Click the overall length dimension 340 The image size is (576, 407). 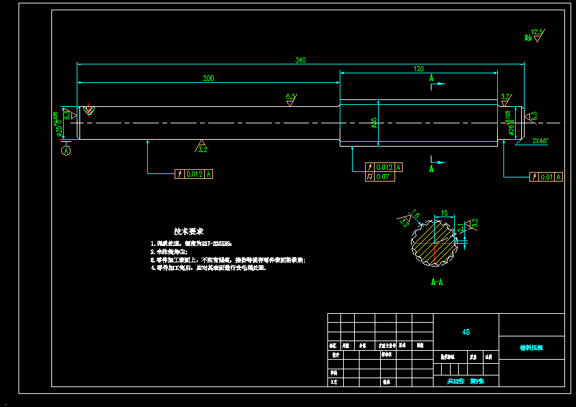(300, 60)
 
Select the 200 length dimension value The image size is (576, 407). (208, 78)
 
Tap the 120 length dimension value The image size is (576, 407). (419, 69)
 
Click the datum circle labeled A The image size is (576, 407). (66, 151)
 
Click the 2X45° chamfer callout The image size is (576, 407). (540, 141)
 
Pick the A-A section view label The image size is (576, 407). (436, 282)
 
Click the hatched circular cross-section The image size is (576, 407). (434, 242)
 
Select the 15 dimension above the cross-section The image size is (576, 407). (444, 214)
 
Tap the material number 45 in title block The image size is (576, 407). (466, 332)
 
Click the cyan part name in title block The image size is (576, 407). (531, 347)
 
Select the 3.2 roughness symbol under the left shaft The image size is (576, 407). (202, 147)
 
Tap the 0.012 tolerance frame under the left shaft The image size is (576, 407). (195, 174)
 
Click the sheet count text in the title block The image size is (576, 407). (466, 381)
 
